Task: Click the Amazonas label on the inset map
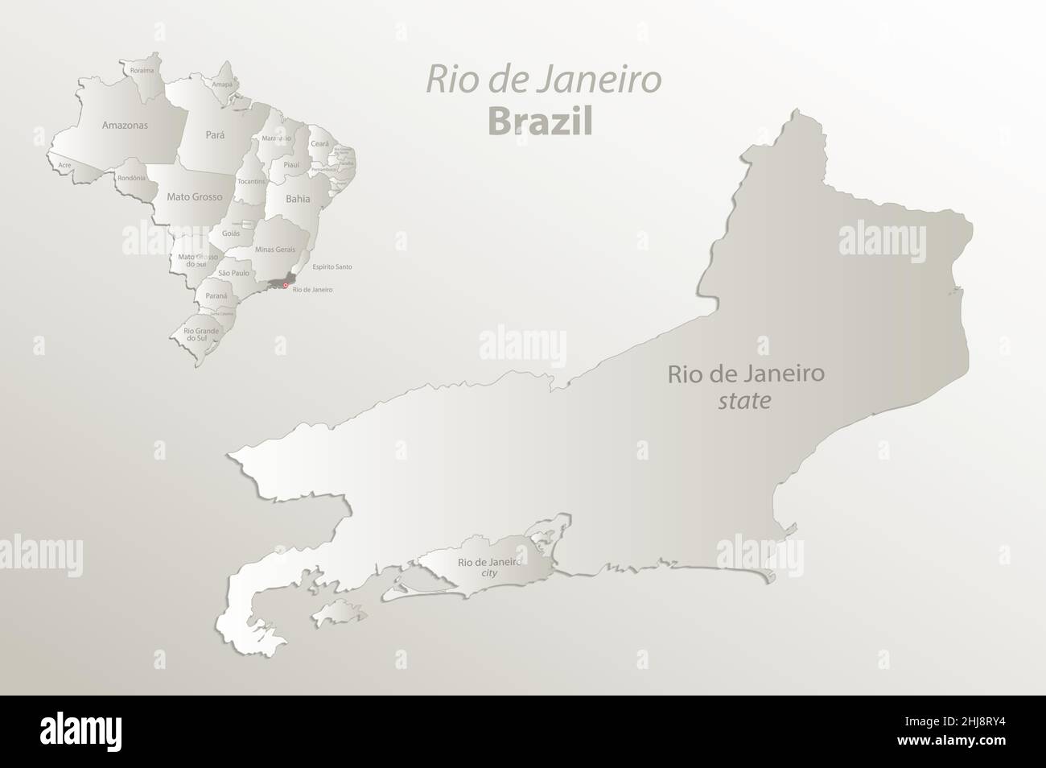(125, 125)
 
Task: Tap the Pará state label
(215, 135)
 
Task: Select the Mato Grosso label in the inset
(194, 196)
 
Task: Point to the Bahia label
(298, 196)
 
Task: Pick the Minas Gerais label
(275, 250)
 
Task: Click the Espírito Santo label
(332, 266)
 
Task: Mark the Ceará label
(319, 142)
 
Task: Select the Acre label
(64, 165)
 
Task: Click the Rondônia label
(130, 178)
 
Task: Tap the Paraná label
(216, 296)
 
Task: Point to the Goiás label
(231, 232)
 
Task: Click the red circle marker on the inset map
(285, 285)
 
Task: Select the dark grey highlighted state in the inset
(278, 283)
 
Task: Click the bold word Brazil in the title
(540, 122)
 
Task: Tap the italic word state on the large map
(743, 400)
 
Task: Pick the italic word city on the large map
(489, 573)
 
